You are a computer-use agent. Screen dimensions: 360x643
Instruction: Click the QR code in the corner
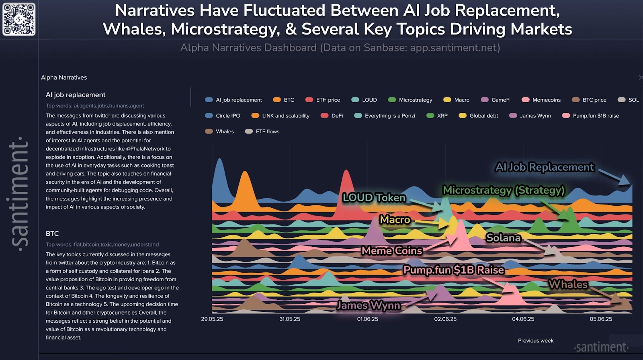(x=19, y=19)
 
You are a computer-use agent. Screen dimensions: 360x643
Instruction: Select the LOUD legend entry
(x=365, y=100)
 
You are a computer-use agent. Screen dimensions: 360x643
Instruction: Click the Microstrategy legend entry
(x=410, y=100)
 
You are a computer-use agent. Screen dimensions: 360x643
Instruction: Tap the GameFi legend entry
(x=496, y=100)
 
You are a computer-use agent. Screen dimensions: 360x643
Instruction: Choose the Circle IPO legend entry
(x=223, y=116)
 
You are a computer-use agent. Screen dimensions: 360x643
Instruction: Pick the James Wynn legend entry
(x=530, y=116)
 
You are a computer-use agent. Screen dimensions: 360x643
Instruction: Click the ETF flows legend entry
(x=262, y=131)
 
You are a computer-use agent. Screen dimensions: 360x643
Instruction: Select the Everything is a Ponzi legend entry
(x=385, y=116)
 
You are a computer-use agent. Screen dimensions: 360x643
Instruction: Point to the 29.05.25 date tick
(x=212, y=319)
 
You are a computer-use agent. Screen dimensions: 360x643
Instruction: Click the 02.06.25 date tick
(x=445, y=319)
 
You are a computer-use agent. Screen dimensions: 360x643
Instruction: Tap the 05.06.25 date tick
(x=601, y=319)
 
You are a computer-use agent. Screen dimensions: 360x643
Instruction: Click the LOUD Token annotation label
(x=374, y=198)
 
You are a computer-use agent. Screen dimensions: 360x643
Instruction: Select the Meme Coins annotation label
(x=392, y=251)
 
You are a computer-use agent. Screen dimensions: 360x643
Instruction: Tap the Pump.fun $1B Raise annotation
(x=454, y=270)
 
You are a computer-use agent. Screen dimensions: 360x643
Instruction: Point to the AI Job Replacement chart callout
(x=545, y=167)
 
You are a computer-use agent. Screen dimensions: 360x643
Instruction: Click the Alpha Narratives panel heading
(x=64, y=78)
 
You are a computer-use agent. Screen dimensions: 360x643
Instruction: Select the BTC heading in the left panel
(x=52, y=233)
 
